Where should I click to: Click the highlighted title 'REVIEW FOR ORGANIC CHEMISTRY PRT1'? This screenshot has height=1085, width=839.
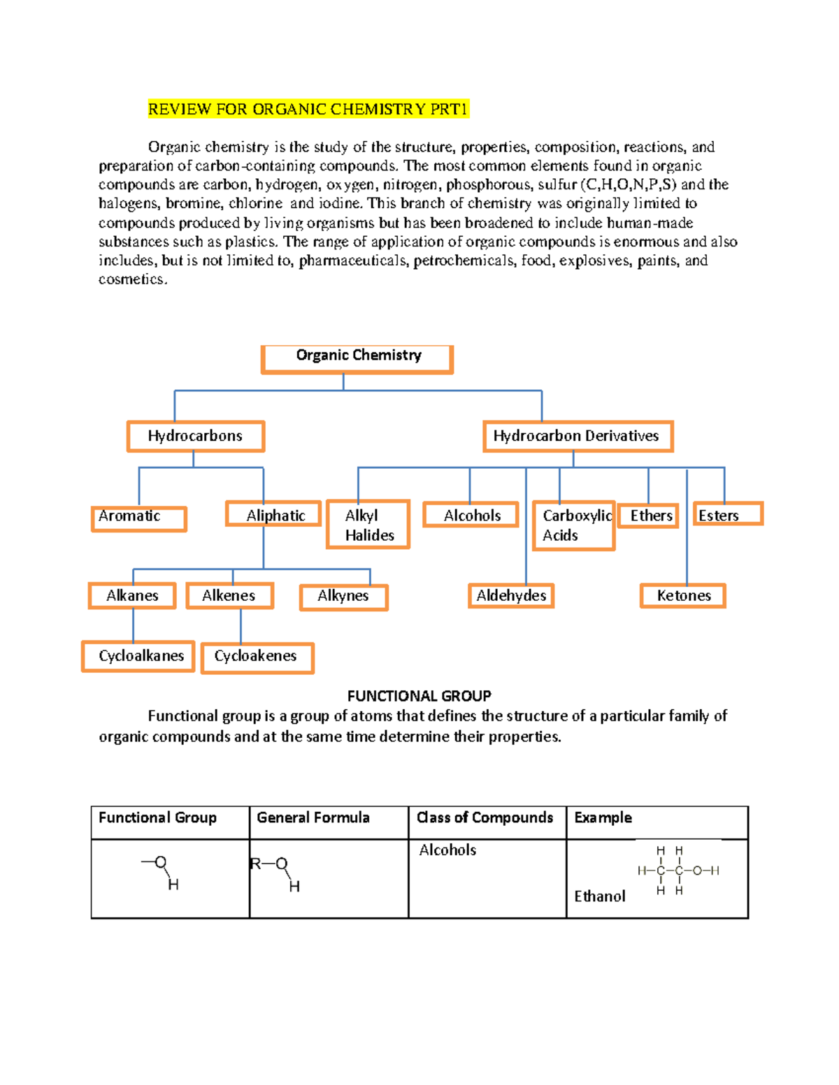pos(308,109)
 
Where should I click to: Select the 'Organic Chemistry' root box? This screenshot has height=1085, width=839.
pos(357,358)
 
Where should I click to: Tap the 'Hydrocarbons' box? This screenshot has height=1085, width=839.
pos(196,437)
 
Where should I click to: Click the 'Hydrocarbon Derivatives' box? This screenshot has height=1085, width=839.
pos(577,437)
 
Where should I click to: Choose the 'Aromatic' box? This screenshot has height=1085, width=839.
pos(138,518)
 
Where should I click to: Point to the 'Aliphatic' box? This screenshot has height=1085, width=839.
pos(273,515)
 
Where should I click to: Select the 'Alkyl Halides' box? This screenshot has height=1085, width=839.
pos(368,525)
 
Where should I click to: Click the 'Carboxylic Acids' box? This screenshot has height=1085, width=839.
pos(573,525)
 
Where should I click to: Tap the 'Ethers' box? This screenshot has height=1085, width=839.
pos(649,516)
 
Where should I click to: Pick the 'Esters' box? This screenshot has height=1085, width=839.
pos(727,515)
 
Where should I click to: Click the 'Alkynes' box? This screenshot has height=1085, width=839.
pos(343,597)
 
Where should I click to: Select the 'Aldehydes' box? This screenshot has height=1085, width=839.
pos(511,596)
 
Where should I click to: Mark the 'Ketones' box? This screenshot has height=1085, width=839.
pos(683,596)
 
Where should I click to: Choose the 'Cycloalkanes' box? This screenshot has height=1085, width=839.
pos(138,656)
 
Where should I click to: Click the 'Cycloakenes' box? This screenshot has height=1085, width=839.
pos(257,657)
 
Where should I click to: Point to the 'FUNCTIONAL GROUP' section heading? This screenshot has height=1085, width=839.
pos(419,696)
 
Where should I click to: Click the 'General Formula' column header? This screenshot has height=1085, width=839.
pos(313,818)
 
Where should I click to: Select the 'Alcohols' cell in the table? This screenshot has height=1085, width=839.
pos(447,850)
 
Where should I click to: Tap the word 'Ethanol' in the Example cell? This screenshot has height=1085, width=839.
pos(600,896)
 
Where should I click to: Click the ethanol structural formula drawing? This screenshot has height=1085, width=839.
pos(677,871)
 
